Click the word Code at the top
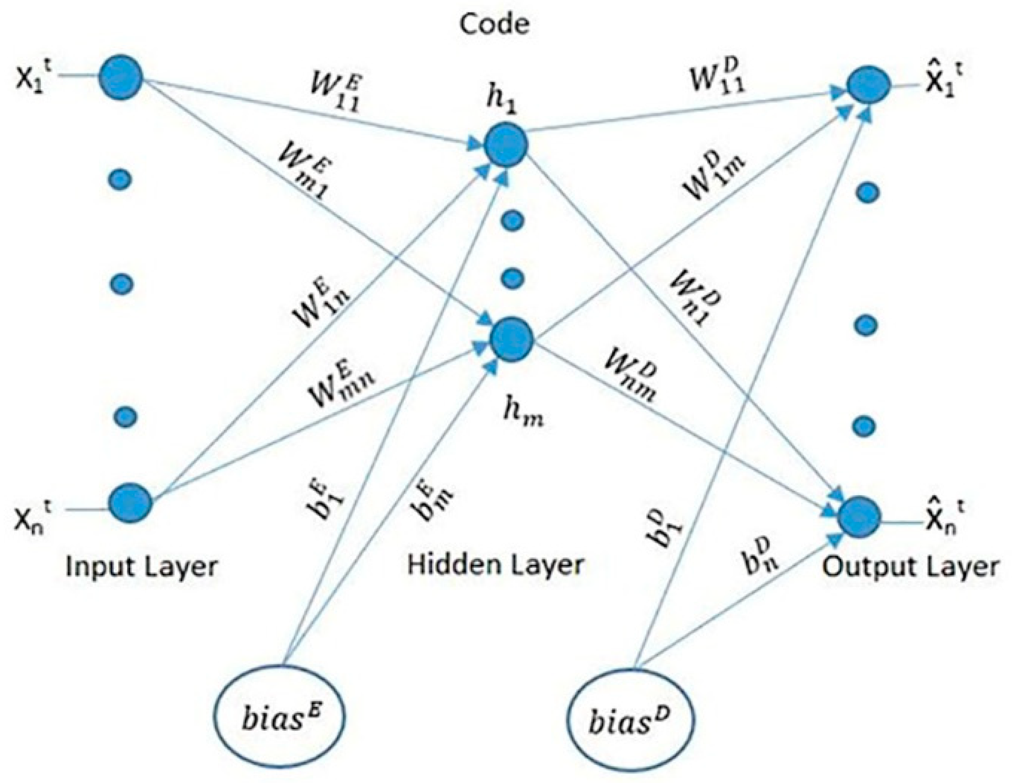pyautogui.click(x=494, y=24)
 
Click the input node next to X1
pyautogui.click(x=120, y=77)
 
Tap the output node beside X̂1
pyautogui.click(x=868, y=86)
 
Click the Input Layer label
pyautogui.click(x=141, y=567)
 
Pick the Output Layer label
pyautogui.click(x=910, y=566)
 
